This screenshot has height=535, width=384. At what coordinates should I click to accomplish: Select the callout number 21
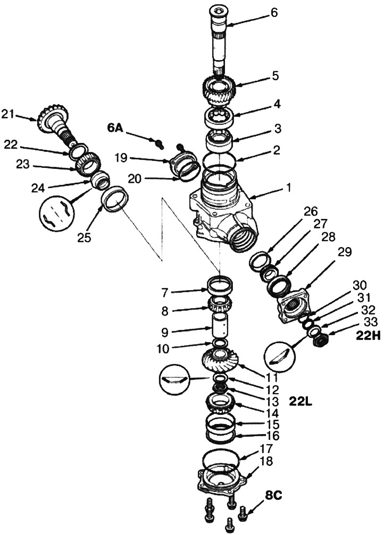click(x=22, y=113)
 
